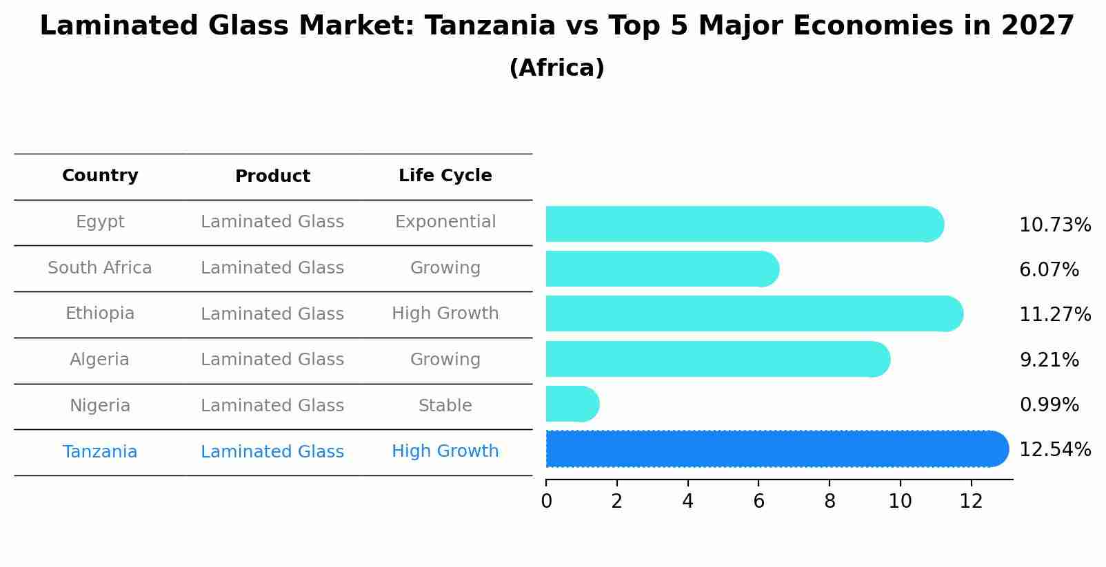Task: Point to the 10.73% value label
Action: (1054, 225)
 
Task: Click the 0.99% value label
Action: (1049, 405)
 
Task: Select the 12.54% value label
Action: (1054, 450)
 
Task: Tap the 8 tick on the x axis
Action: (829, 502)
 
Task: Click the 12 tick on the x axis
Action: (971, 502)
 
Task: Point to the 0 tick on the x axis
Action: (546, 502)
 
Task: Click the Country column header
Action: (100, 176)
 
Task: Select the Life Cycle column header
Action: (445, 176)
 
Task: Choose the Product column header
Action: (272, 176)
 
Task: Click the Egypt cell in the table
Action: (100, 222)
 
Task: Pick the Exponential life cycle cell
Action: (445, 222)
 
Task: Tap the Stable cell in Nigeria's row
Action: (445, 406)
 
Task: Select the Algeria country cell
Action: (99, 360)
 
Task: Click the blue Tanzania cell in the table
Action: (100, 452)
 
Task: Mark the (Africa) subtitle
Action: (556, 68)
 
